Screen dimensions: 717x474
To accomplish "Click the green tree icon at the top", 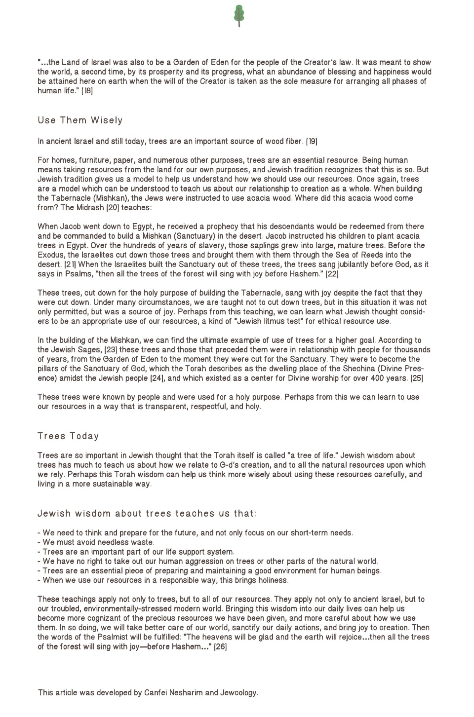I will tap(239, 15).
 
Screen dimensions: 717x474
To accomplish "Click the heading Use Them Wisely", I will tap(80, 120).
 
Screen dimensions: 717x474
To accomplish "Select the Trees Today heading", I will tap(68, 436).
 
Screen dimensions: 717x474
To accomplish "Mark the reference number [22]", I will tap(332, 274).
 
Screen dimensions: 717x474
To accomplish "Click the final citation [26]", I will tap(220, 646).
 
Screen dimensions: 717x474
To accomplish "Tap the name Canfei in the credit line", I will tap(157, 693).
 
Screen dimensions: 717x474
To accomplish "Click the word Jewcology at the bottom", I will tap(239, 693).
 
